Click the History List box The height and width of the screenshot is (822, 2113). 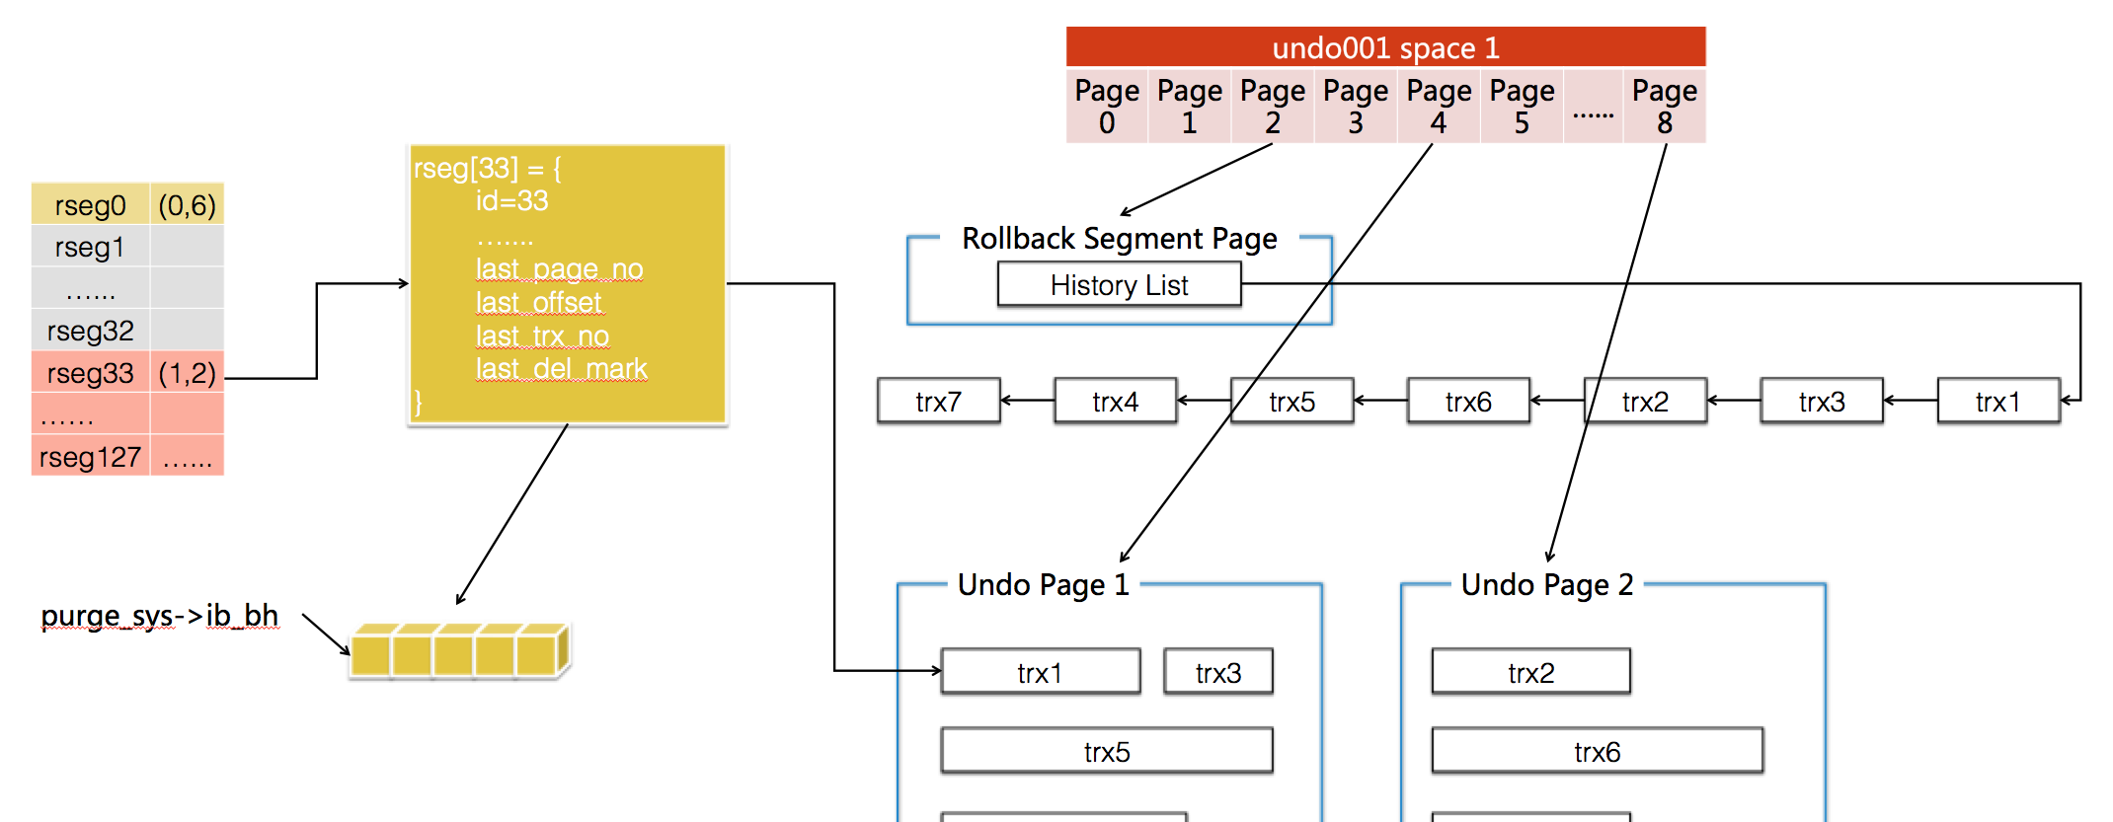click(x=1119, y=284)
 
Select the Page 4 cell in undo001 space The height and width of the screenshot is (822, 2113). click(x=1439, y=107)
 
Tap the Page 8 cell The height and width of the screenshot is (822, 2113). click(x=1665, y=107)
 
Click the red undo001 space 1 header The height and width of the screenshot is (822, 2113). click(x=1385, y=47)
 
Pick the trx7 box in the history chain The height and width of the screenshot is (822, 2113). click(x=938, y=401)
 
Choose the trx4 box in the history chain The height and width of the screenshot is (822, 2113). click(x=1115, y=401)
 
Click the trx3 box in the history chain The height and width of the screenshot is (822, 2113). click(x=1822, y=401)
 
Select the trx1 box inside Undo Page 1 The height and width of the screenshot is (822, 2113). click(x=1041, y=672)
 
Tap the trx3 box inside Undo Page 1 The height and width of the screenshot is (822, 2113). click(x=1218, y=672)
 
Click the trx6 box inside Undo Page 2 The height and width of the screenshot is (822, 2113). click(x=1597, y=751)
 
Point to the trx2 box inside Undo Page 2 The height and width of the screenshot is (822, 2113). click(x=1530, y=672)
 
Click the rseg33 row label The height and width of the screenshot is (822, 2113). click(x=90, y=373)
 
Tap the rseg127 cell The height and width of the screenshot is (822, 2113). click(x=90, y=457)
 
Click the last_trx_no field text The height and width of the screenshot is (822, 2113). click(x=542, y=336)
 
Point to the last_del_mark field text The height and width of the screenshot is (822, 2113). click(x=561, y=368)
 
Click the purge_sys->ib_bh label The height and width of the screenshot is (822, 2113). click(x=160, y=616)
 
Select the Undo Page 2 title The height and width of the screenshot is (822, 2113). click(x=1547, y=584)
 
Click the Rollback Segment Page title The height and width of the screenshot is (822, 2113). click(x=1120, y=238)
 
